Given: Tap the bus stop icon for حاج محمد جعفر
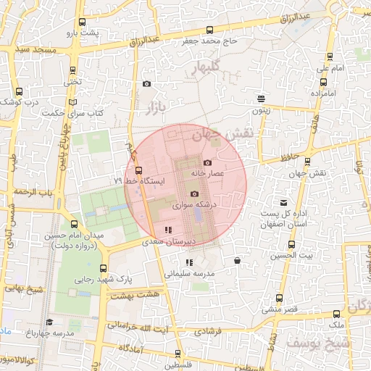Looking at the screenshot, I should pos(210,30).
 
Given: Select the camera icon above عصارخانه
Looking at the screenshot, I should pos(208,163).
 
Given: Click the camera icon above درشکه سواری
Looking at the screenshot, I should pos(193,194).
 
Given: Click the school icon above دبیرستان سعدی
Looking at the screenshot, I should pos(168,230).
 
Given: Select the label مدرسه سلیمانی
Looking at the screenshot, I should pos(191,274).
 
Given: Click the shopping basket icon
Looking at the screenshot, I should pos(238,260).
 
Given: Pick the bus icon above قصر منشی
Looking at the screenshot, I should pos(280,298).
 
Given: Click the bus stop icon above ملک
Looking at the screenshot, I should pos(336,314).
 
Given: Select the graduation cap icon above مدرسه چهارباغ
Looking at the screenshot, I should pos(49,322).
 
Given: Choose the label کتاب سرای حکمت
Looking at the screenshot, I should pos(74,113).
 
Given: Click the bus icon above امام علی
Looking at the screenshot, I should pos(330,57).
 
